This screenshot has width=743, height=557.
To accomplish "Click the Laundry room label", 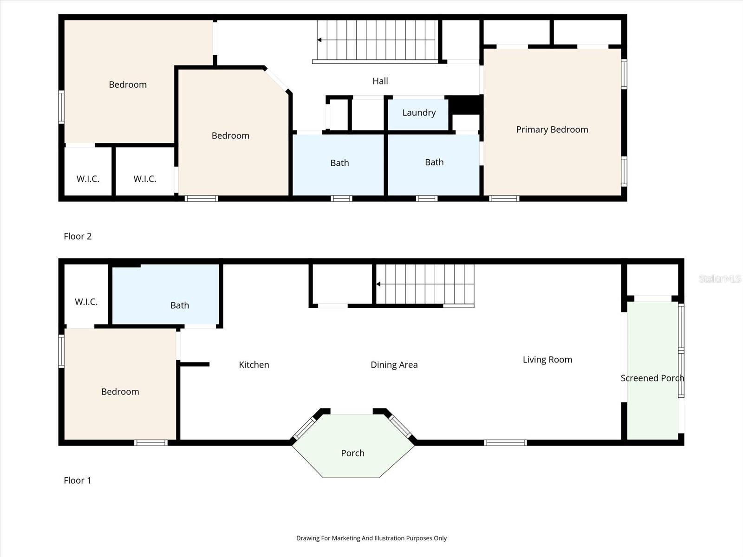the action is tap(419, 113).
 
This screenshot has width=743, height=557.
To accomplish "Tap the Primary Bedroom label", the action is tap(552, 130).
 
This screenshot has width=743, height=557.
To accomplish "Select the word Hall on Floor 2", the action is tap(380, 81).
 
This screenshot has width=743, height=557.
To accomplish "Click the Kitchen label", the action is tap(254, 364).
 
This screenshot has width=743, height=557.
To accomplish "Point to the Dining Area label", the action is tap(394, 364).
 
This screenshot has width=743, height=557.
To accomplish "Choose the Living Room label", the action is tap(547, 359).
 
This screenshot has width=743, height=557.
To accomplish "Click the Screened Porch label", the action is tap(652, 378).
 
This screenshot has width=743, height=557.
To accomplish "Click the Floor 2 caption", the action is tap(78, 236).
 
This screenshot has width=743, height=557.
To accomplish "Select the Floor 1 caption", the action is tap(77, 480).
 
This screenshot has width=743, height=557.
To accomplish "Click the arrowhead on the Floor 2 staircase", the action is tap(319, 40).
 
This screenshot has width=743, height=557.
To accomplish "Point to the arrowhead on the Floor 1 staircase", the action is tap(378, 284).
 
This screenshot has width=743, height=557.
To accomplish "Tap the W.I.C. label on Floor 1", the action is tap(86, 302).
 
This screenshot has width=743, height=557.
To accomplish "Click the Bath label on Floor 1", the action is tap(179, 305).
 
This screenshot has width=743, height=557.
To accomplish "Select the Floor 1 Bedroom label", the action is tap(120, 392).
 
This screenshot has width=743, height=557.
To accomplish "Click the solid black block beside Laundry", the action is tap(465, 105).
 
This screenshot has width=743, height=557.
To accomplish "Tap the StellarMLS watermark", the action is tap(720, 278).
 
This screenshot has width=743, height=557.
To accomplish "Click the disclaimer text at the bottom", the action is tap(371, 538).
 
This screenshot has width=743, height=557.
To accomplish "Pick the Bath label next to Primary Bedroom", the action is tap(434, 162).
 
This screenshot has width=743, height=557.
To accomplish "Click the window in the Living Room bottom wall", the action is tap(505, 443).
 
